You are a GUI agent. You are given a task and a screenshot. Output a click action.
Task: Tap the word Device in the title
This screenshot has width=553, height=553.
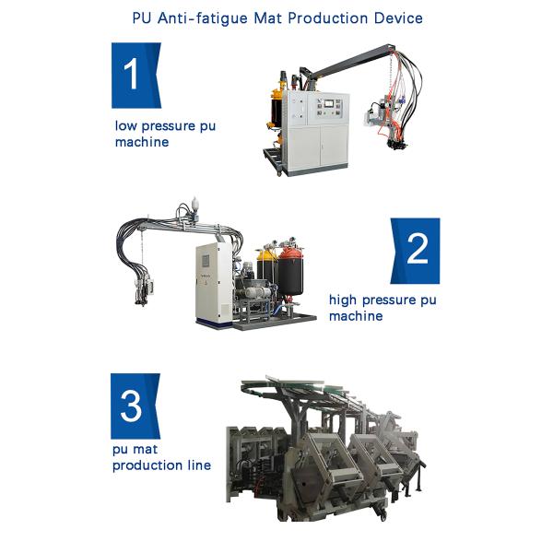[x=398, y=18]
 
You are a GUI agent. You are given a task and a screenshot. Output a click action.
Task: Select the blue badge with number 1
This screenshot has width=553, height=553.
[x=136, y=76]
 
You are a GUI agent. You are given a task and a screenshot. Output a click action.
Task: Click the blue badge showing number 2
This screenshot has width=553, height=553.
[x=415, y=251]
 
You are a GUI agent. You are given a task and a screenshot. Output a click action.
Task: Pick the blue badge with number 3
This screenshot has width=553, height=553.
[x=135, y=406]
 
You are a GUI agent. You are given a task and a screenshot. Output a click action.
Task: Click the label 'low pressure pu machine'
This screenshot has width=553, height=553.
[x=165, y=134]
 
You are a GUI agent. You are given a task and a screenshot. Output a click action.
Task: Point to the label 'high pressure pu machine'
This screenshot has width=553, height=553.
[x=382, y=308]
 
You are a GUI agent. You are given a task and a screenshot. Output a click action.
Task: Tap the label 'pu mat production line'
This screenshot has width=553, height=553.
[x=161, y=457]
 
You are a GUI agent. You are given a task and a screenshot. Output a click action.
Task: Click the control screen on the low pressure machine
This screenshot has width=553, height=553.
[x=328, y=103]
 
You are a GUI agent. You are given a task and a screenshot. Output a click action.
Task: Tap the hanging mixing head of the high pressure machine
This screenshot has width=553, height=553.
[x=145, y=289]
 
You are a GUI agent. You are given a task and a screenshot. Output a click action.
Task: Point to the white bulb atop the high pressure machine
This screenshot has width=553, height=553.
[x=194, y=205]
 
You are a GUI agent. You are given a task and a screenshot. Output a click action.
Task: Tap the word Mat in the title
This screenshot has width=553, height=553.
[x=267, y=18]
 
